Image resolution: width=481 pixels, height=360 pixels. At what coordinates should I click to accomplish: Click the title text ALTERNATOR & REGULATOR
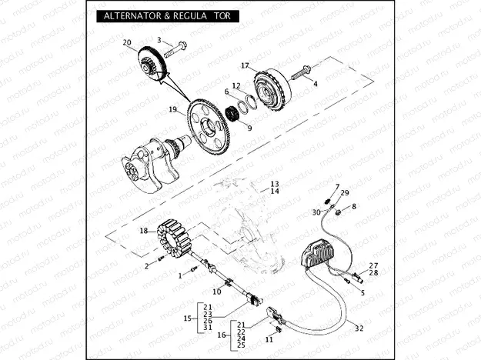[x=162, y=16]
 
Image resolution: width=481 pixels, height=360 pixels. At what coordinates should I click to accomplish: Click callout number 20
[x=127, y=42]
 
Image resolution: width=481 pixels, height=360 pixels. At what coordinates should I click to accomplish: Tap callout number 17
[x=245, y=65]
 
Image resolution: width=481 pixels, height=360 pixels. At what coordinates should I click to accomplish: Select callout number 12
[x=236, y=85]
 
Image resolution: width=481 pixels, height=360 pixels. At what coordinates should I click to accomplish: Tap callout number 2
[x=147, y=266]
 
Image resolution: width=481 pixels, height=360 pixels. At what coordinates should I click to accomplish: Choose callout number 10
[x=216, y=292]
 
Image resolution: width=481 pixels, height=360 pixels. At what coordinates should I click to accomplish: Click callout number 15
[x=187, y=318]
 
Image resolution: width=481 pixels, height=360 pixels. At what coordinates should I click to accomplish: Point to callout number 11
[x=270, y=339]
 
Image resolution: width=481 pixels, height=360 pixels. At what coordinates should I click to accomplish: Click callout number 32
[x=359, y=328]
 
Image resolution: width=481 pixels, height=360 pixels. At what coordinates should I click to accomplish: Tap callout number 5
[x=362, y=292]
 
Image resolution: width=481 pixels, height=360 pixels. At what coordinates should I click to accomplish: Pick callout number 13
[x=273, y=185]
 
